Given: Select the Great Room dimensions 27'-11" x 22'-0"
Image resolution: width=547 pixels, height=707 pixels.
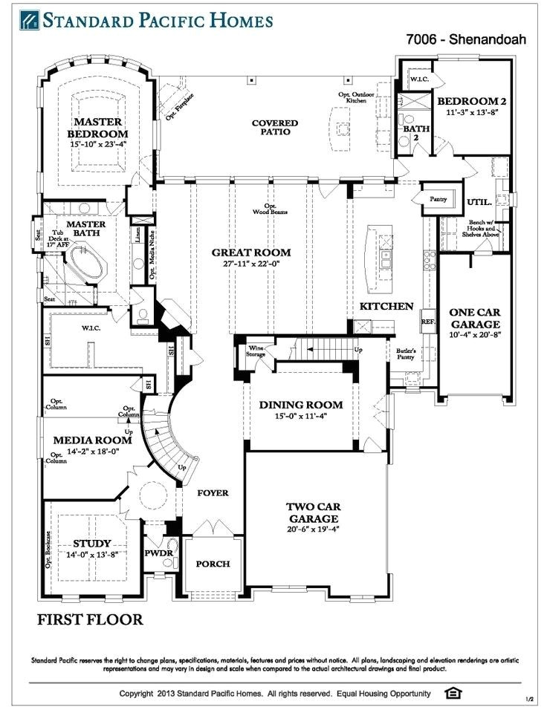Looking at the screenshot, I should [250, 264].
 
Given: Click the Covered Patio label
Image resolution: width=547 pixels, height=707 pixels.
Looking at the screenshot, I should [274, 128].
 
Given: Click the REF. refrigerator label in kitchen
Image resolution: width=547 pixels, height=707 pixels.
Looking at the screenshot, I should [427, 322].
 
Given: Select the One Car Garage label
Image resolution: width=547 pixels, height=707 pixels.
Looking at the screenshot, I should [474, 319].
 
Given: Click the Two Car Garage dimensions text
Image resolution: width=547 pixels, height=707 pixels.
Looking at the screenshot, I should [313, 530].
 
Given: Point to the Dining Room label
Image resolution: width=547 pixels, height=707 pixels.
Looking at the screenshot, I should [301, 405].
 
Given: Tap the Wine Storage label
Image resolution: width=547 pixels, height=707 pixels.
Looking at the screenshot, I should [256, 351].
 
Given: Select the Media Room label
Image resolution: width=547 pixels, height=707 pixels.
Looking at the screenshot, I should [82, 440].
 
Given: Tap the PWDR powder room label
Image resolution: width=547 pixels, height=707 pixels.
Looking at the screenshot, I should [158, 553].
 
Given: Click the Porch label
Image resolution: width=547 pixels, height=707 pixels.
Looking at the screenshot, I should [213, 564].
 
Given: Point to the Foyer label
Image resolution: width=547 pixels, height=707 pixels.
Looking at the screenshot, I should [212, 493].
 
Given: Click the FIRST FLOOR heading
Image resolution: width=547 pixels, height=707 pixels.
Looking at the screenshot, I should [90, 619].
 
